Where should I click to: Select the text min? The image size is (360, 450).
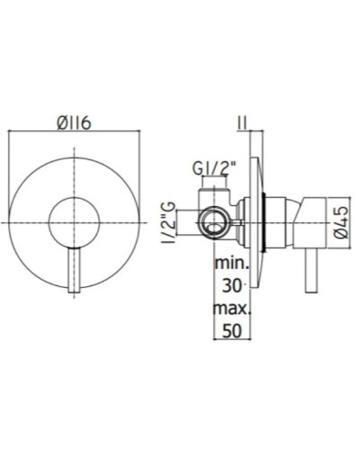(231, 265)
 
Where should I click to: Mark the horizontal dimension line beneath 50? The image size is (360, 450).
(232, 339)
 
